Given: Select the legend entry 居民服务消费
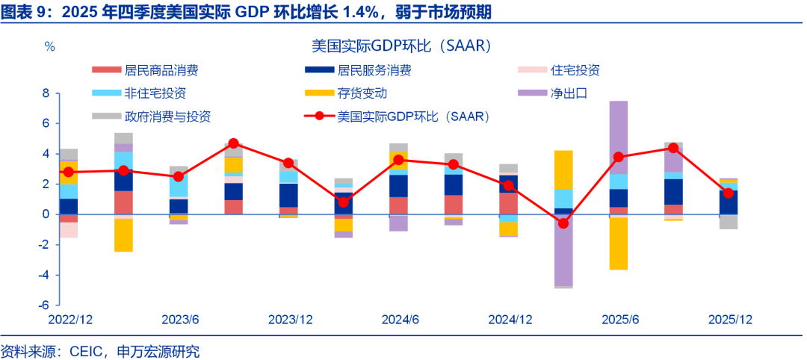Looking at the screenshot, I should tap(374, 71).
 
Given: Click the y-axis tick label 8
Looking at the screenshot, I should tap(46, 93).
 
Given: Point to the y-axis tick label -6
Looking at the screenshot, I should tap(44, 305).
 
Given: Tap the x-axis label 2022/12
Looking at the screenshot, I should tap(70, 320).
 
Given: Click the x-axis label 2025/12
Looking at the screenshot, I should tap(730, 320).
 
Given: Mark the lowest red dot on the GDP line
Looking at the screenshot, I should tap(563, 223).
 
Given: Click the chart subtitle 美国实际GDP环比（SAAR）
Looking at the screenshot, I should tap(401, 46).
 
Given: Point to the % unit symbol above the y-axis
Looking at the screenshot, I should tap(49, 46).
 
